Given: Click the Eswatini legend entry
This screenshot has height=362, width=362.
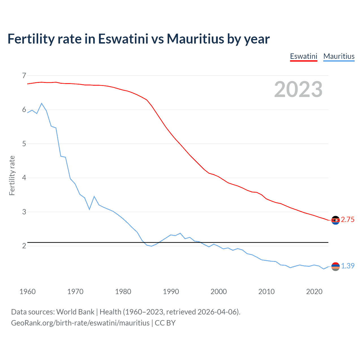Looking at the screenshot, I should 303,56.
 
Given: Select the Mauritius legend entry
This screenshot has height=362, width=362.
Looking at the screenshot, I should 339,56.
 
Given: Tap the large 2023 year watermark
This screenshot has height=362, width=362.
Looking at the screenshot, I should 298,89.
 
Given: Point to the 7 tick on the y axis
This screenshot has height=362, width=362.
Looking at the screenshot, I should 24,76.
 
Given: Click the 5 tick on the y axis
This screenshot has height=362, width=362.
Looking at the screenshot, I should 24,144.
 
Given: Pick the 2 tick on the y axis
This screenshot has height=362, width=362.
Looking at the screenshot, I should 24,246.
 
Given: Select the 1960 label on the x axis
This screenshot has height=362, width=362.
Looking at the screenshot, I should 27,292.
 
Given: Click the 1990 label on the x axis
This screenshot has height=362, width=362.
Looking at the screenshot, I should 171,292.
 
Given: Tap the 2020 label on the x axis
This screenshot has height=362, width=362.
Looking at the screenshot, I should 314,292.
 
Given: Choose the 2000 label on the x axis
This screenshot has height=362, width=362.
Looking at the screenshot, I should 219,292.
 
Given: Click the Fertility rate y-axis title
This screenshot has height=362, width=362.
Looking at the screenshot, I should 12,175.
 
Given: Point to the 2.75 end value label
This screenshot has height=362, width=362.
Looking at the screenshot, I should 348,220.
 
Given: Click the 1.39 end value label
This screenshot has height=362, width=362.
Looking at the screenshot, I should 348,266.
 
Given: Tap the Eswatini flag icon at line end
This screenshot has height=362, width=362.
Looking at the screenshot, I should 335,220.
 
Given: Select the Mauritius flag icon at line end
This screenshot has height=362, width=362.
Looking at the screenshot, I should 335,266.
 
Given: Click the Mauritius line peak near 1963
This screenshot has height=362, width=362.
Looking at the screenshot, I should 42,104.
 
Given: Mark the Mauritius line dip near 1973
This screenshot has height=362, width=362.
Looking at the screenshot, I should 89,209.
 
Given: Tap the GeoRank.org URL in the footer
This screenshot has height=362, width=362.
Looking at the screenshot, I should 80,323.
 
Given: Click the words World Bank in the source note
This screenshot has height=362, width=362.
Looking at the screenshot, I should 75,312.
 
